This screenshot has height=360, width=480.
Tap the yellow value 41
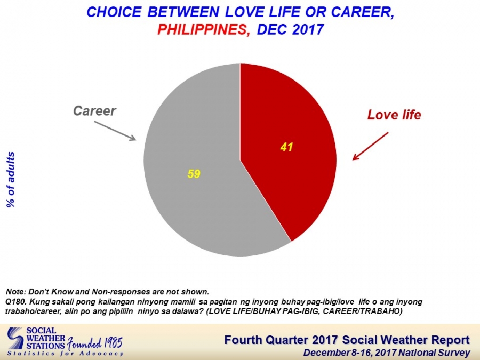286,147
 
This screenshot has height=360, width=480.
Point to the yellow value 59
194,174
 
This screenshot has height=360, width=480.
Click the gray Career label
94,111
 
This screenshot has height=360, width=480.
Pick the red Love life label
394,115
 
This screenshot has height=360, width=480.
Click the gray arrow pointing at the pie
115,131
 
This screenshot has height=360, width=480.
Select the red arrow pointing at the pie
371,146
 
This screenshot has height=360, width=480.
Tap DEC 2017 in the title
290,29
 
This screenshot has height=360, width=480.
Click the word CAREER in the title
363,12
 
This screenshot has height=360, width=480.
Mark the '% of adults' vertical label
11,180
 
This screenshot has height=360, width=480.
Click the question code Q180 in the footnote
16,302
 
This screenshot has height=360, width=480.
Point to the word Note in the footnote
15,291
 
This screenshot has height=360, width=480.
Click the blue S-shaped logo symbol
15,339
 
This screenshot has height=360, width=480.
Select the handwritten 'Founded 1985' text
94,343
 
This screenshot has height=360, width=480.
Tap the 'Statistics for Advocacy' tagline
65,354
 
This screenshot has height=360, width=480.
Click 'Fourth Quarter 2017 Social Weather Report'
347,340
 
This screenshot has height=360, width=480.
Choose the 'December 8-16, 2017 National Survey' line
387,353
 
